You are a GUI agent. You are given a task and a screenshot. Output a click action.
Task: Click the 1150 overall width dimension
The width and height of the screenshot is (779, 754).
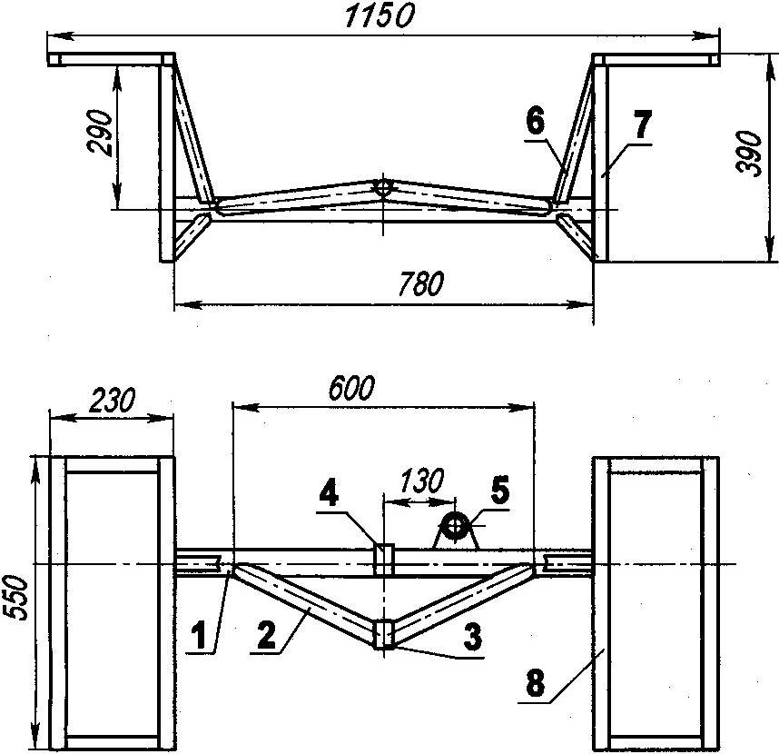pos(380,16)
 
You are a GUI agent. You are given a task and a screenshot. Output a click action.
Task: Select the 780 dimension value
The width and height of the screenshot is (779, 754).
pos(420,283)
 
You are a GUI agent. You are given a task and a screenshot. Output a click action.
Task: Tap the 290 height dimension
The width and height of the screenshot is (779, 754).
pos(100,133)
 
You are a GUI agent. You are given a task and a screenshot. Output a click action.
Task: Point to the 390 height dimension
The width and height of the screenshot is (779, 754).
pos(750,153)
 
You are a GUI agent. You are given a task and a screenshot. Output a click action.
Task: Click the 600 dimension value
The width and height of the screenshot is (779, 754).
pos(351,388)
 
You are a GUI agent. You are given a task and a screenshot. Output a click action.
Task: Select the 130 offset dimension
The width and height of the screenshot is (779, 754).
pos(421,481)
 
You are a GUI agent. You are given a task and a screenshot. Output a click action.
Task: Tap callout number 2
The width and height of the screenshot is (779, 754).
pos(266,635)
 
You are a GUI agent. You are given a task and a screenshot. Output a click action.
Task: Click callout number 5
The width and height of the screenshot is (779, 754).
pos(499,489)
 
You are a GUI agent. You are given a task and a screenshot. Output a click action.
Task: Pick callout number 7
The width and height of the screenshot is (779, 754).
pos(642,124)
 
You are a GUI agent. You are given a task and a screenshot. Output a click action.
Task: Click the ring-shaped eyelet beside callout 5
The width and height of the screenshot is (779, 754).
pos(455,527)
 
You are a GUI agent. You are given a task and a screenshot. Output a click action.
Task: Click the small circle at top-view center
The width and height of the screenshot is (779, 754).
pos(383,187)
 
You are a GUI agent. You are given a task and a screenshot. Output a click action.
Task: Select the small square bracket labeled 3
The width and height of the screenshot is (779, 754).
pos(383,633)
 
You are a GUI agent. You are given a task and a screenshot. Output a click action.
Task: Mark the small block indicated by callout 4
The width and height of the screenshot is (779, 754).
pos(383,560)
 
